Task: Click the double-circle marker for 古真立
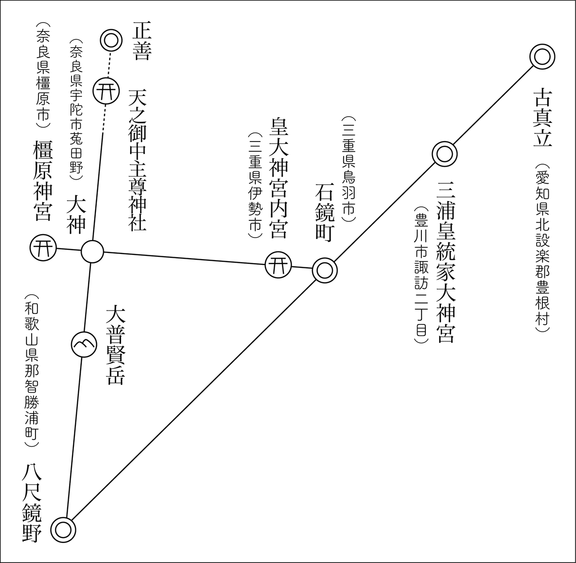[x=542, y=57]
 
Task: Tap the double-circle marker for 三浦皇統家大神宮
[x=444, y=154]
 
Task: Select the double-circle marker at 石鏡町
[x=324, y=270]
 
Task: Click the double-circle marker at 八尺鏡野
[x=63, y=530]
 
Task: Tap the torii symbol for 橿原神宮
[x=43, y=248]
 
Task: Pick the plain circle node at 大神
[x=92, y=251]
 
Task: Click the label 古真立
[x=543, y=118]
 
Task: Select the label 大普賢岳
[x=116, y=346]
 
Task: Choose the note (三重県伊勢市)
[x=254, y=186]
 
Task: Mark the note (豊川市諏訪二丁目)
[x=421, y=276]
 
